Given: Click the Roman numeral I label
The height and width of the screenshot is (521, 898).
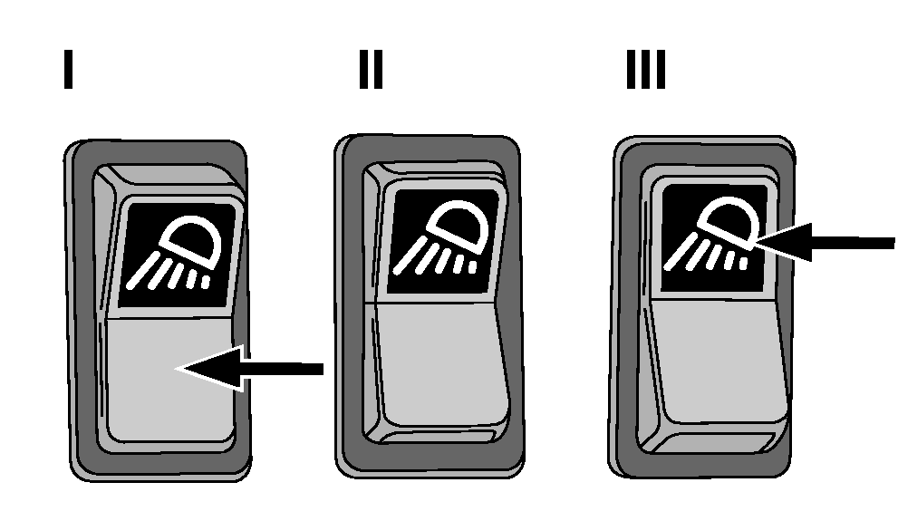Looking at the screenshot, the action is point(68,69).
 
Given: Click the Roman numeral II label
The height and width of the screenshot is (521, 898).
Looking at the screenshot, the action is point(371,69).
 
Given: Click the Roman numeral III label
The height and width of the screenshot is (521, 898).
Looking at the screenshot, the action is point(646,69).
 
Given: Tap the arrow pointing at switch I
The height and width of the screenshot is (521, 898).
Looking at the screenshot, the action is point(250,369).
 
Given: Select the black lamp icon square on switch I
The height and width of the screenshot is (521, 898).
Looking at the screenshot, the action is point(178,255).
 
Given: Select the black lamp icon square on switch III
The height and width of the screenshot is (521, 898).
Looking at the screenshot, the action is point(713,237).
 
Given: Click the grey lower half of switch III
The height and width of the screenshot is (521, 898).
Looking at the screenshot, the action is point(719,358).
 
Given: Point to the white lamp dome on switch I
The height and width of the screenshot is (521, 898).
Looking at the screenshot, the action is point(190,241).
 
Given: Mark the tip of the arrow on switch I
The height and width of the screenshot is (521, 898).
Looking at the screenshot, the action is point(178,368).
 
